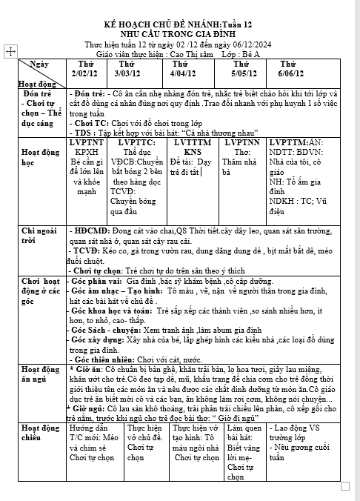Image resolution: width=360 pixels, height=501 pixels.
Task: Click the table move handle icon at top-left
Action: point(11,51)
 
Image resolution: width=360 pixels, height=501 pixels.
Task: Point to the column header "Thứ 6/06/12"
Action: point(290,70)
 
